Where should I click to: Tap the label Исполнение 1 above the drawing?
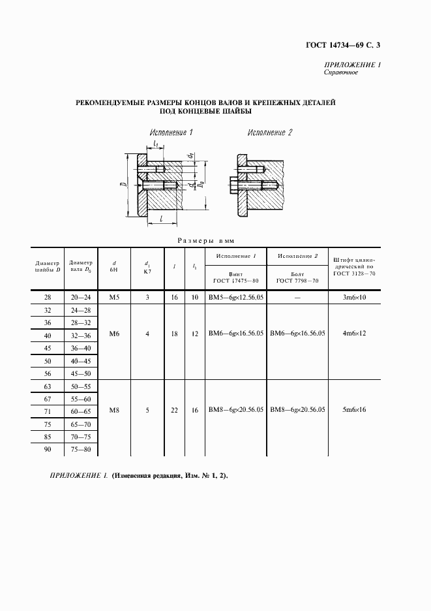(x=171, y=133)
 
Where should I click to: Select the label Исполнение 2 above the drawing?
(x=269, y=133)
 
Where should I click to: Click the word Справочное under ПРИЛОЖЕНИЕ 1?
(x=340, y=72)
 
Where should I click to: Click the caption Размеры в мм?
(x=215, y=240)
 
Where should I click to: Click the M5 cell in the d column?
(x=115, y=297)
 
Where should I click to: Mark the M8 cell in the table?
(x=115, y=410)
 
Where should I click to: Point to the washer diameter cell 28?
(x=47, y=297)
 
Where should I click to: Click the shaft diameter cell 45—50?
(x=81, y=373)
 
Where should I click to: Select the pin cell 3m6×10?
(x=354, y=297)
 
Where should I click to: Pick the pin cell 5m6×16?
(x=354, y=410)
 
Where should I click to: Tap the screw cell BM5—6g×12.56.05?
(x=235, y=297)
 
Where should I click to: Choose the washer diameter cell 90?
(x=47, y=450)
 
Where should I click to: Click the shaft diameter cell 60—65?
(x=81, y=412)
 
